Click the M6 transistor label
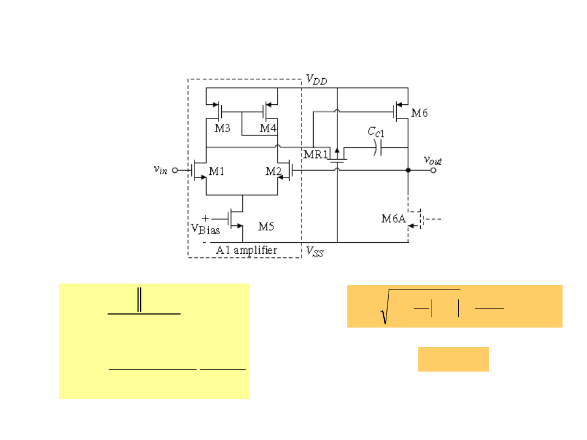coord(419,113)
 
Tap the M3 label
coord(222,128)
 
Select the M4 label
coord(268,128)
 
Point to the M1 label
coord(216,171)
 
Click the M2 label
coord(273,171)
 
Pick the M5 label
coord(266,227)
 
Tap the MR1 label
coord(316,154)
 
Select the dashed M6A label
coord(394,218)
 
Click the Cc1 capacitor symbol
coord(378,147)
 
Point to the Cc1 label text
coord(376,131)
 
